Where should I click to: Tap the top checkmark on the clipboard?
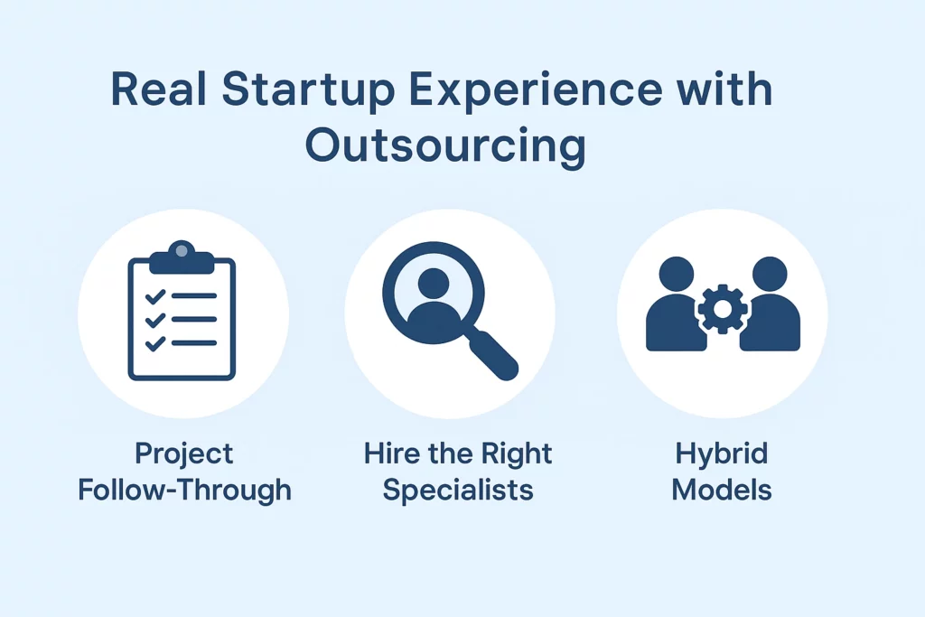click(x=154, y=296)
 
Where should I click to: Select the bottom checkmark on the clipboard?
click(x=154, y=342)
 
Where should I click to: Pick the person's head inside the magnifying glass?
click(x=434, y=283)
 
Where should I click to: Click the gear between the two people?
click(x=722, y=309)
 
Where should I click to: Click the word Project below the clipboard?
click(x=183, y=454)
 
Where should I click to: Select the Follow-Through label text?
click(x=184, y=491)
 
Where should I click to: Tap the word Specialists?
click(x=457, y=490)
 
